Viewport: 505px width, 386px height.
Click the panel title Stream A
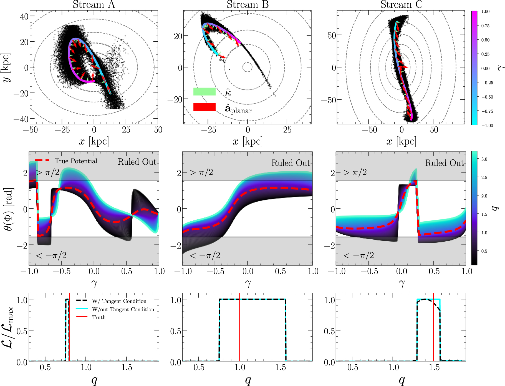point(94,4)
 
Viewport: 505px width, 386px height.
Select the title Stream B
point(248,4)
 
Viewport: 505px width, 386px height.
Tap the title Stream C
point(401,4)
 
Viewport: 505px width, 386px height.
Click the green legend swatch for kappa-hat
point(204,92)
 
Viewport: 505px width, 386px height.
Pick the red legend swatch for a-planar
point(204,107)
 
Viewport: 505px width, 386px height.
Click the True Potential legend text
point(76,161)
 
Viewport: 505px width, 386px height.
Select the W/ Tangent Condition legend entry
point(119,301)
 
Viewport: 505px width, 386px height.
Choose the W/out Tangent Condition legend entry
point(123,309)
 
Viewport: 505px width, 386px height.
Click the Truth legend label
point(99,317)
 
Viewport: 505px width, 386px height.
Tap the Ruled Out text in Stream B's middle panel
point(291,163)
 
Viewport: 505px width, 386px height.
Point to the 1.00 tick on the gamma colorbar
point(485,11)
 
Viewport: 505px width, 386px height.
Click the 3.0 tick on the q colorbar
point(484,159)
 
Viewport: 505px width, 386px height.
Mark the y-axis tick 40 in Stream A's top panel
point(24,16)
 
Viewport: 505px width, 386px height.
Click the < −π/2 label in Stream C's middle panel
point(358,255)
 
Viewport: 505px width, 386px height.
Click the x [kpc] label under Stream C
point(401,141)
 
